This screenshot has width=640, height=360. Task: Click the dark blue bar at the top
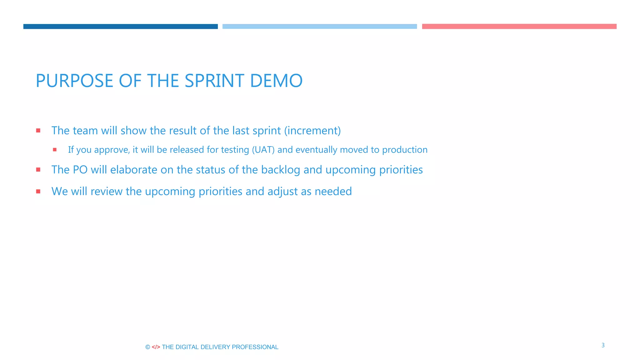coord(120,27)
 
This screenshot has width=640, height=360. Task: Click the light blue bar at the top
coord(319,27)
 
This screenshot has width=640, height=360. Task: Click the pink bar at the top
coord(519,27)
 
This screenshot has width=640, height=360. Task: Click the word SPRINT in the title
coord(215,81)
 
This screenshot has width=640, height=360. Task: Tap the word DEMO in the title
coord(276,81)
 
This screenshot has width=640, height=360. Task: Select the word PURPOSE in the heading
coord(74,81)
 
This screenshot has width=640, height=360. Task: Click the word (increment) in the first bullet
coord(312,131)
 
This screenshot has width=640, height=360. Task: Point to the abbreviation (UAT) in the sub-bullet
coord(263,150)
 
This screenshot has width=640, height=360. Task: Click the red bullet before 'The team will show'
coord(38,131)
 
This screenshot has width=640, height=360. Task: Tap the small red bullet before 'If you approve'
coord(55,150)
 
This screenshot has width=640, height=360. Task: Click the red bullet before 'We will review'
coord(38,191)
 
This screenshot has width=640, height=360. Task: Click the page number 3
coord(603,345)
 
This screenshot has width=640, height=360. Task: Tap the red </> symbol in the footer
coord(156,347)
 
